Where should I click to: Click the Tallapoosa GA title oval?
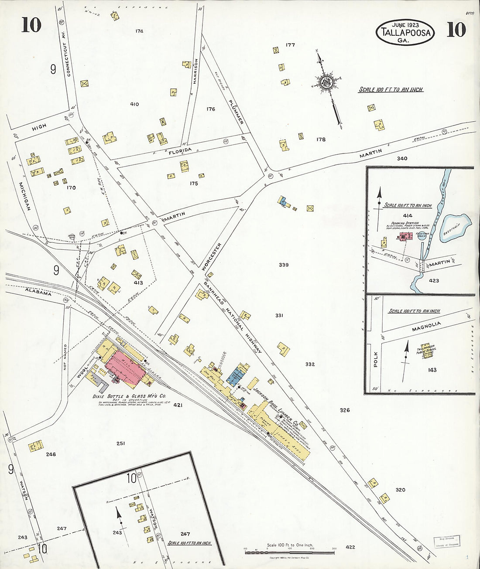coord(405,32)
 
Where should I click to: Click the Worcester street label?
coord(213,257)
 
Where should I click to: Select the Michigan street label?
coord(24,197)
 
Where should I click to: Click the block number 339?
coord(284,265)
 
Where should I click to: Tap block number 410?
coord(134,104)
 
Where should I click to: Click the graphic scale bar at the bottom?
coord(289,552)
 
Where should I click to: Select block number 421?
coord(178,405)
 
